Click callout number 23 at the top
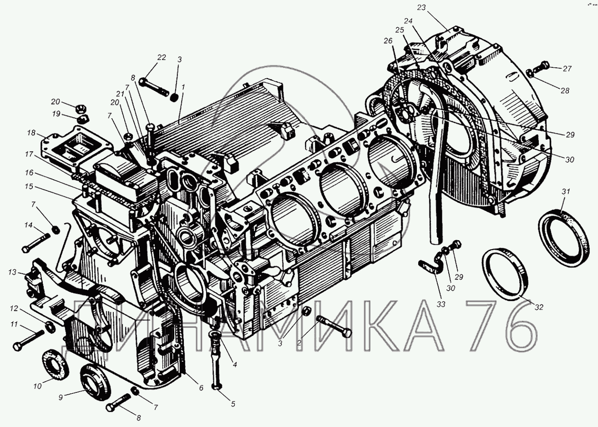pos(421,8)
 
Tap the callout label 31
pos(566,191)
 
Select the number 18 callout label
pos(31,133)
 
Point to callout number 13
pos(12,272)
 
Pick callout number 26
pos(389,41)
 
